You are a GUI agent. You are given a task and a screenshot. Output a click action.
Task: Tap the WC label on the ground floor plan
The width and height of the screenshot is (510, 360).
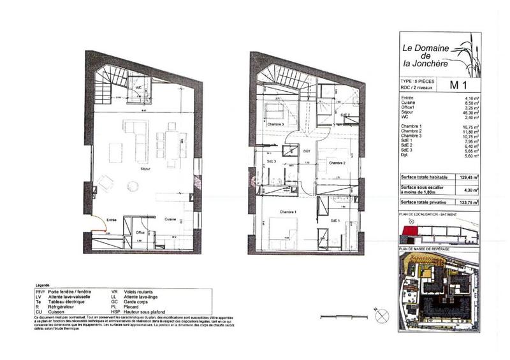click(137, 87)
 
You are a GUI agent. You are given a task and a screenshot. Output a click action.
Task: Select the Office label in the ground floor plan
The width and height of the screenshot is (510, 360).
click(140, 233)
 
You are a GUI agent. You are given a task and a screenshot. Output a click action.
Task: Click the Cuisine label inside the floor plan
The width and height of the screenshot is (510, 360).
click(170, 219)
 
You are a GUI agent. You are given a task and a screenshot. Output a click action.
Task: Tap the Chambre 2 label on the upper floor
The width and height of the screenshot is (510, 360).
click(337, 163)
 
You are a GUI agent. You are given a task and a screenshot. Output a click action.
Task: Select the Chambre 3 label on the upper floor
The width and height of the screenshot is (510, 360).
click(275, 124)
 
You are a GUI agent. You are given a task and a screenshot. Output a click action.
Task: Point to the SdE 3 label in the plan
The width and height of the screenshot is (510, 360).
click(271, 162)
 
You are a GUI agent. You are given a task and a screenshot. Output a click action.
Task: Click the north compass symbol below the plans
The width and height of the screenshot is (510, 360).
click(382, 312)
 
